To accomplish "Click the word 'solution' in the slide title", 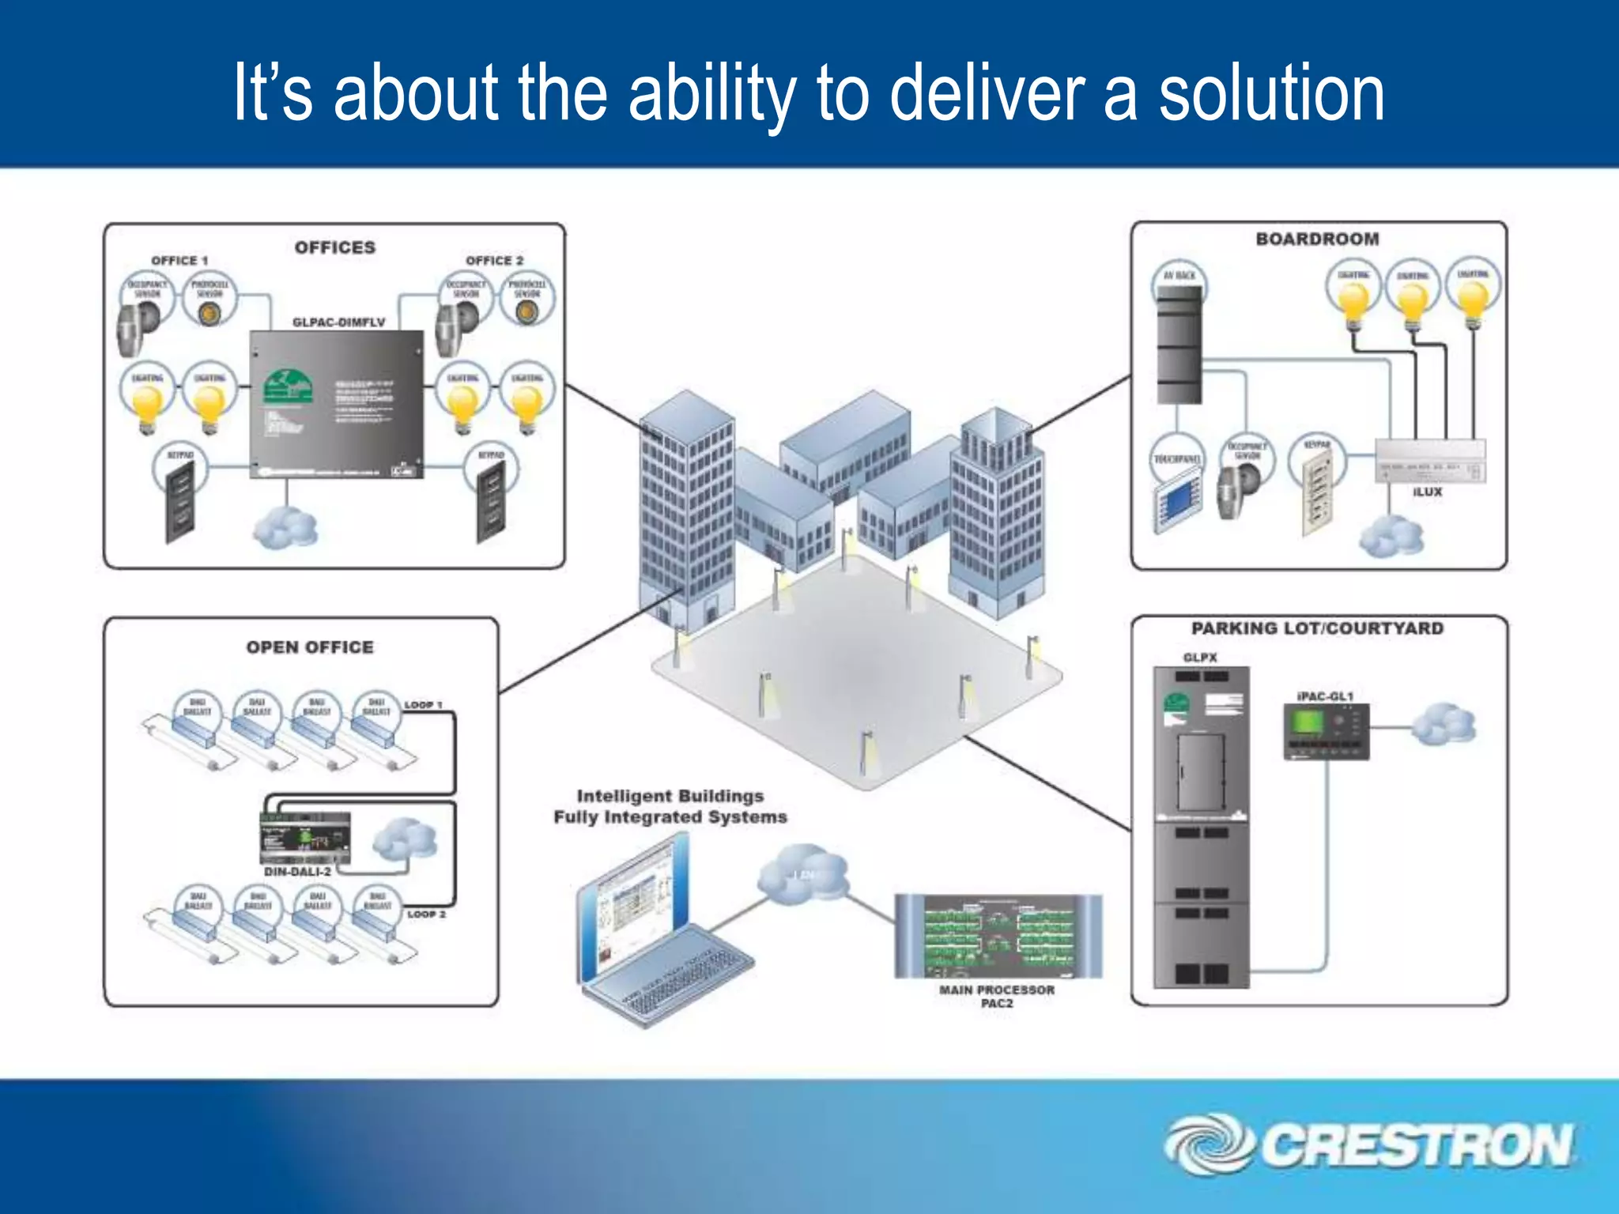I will [1271, 93].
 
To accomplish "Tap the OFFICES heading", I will [335, 247].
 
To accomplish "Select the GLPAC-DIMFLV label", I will [338, 322].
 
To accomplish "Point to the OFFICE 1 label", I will [179, 260].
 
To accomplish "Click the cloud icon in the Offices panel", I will [285, 527].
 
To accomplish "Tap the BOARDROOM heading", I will [1317, 239].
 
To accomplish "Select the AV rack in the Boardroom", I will [1179, 345].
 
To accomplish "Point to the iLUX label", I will [1427, 492].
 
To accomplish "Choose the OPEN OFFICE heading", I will [310, 647].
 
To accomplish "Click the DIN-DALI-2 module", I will [305, 838].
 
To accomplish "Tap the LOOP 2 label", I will [426, 914].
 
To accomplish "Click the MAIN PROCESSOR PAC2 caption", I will [996, 996].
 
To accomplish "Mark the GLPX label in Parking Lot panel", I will [1200, 658].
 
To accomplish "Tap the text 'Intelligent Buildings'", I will [670, 796].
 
